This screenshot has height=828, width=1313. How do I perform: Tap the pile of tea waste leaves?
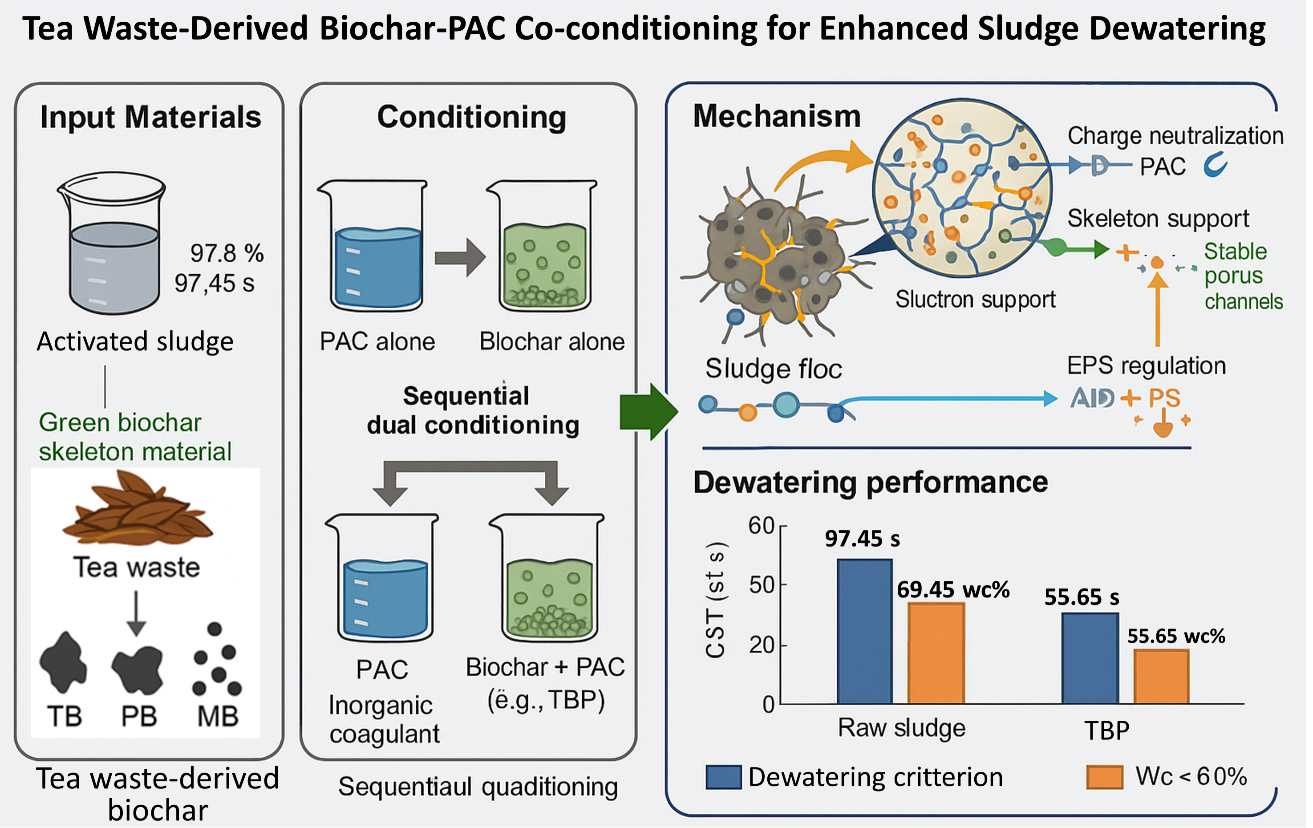(x=136, y=510)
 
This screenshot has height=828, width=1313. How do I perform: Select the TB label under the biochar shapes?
(x=65, y=716)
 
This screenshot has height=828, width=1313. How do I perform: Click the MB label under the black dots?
(x=218, y=716)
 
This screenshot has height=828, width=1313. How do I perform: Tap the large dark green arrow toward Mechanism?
(x=648, y=411)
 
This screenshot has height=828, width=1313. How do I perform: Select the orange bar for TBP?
(x=1161, y=676)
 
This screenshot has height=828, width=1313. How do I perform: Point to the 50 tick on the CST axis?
(x=762, y=585)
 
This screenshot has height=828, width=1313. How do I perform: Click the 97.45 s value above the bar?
(x=862, y=539)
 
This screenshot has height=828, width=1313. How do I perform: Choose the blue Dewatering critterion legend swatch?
(x=723, y=777)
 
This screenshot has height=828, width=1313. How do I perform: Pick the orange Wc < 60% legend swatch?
(x=1104, y=777)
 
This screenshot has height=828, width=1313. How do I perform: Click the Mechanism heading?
(x=777, y=116)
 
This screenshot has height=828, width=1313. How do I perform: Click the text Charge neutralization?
(x=1175, y=136)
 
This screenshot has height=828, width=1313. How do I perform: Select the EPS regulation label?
(x=1146, y=365)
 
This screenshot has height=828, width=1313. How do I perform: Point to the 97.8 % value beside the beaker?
(x=226, y=253)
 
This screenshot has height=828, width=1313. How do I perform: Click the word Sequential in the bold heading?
(x=466, y=396)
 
